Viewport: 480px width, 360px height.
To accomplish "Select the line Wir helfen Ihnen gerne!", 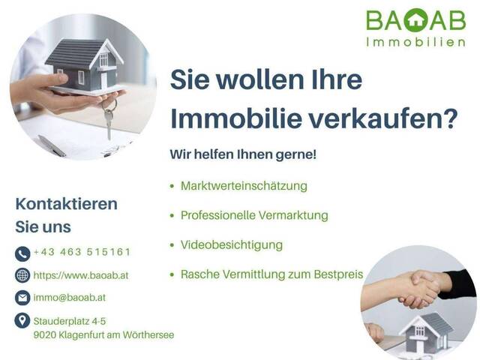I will (244, 155).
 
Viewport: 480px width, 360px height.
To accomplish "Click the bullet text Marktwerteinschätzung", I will (244, 185).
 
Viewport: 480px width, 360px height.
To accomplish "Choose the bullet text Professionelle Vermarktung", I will (254, 215).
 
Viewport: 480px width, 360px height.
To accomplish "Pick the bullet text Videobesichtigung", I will (232, 245).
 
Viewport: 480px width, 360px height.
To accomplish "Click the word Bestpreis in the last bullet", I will (337, 275).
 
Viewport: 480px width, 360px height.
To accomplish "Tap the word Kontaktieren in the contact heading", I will (67, 204).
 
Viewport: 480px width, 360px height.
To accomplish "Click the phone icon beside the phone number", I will (22, 253).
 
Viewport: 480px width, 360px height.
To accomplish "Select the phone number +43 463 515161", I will (82, 253).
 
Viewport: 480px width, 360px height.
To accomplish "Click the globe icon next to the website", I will (22, 275).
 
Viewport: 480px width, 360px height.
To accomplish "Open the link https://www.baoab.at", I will (81, 275).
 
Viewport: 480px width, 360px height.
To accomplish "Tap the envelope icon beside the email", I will (22, 298).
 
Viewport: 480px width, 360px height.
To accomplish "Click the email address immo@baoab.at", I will (69, 298).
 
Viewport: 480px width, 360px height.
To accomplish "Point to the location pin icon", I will (22, 321).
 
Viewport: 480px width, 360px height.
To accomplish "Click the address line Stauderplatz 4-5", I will (69, 321).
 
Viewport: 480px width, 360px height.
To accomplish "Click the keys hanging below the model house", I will (109, 120).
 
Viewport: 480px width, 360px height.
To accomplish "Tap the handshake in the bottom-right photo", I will (420, 289).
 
